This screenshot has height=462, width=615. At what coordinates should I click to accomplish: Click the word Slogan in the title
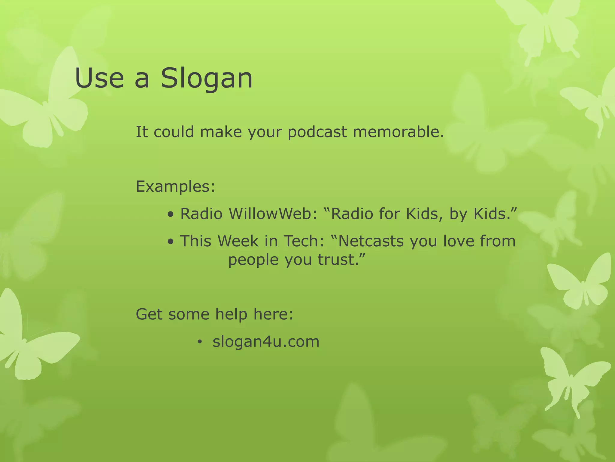tap(207, 79)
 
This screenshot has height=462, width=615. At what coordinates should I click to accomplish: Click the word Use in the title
tap(99, 79)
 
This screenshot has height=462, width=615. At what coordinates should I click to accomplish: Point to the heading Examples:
tap(176, 186)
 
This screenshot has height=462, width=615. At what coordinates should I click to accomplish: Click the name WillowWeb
tap(273, 214)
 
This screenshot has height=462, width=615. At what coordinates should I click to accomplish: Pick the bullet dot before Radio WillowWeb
tap(171, 215)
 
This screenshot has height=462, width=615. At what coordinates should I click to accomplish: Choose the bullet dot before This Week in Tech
tap(171, 242)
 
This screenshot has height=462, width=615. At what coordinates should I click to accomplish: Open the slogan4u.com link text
tap(266, 342)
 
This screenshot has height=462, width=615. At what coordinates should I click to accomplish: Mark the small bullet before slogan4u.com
tap(199, 342)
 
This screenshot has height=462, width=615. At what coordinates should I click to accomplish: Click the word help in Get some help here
tap(231, 314)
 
